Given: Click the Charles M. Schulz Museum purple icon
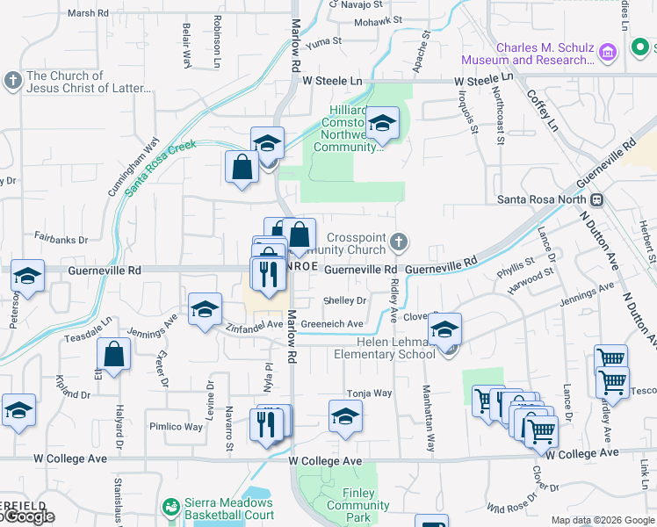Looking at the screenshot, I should click(607, 54).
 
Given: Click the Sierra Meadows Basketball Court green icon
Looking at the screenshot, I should click(171, 507).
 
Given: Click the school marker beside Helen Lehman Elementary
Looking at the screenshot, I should click(445, 329).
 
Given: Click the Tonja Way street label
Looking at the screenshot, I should click(369, 393).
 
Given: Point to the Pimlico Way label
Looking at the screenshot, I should click(176, 427).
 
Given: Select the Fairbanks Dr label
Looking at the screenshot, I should click(61, 239).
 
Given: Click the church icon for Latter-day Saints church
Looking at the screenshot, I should click(12, 82).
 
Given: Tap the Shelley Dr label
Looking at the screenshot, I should click(344, 300).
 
